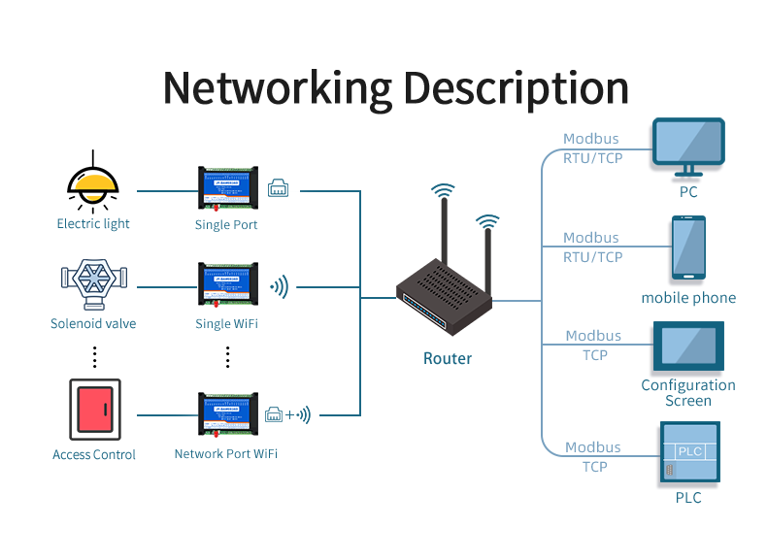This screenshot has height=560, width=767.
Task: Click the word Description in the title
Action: [516, 87]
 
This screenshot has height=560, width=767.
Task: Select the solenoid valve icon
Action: [93, 279]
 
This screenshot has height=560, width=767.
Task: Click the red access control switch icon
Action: [94, 410]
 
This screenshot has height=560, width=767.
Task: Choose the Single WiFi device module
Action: [227, 286]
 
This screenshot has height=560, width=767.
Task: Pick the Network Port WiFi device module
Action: [227, 415]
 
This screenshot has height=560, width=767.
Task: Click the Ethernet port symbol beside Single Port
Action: [279, 188]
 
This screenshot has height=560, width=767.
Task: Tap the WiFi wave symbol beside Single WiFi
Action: [280, 287]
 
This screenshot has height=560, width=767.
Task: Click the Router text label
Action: [448, 358]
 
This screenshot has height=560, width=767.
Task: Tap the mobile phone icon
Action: [688, 248]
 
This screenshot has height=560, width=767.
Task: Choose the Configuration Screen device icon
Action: [689, 347]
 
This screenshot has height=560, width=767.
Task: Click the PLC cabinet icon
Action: [688, 453]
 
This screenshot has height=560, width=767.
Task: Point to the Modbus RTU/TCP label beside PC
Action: [592, 148]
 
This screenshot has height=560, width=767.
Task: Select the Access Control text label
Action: [94, 454]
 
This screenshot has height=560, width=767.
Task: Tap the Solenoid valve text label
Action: [93, 323]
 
